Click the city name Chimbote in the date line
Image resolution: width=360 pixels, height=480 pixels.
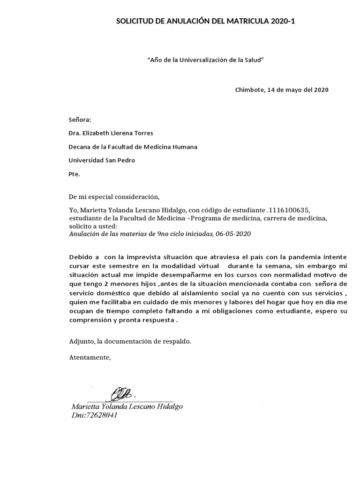[250, 90]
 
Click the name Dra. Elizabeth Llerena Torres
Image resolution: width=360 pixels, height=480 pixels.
[111, 133]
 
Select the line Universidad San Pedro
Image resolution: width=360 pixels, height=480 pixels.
[102, 160]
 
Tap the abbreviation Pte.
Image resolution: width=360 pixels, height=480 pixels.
[74, 174]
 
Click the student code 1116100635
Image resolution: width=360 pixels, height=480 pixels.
[289, 209]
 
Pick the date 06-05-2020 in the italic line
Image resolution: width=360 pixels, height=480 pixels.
[233, 233]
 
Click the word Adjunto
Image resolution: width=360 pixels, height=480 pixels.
[81, 342]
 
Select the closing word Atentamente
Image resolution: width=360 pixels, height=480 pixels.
[90, 358]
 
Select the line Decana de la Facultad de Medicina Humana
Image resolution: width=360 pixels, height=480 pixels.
[133, 147]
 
